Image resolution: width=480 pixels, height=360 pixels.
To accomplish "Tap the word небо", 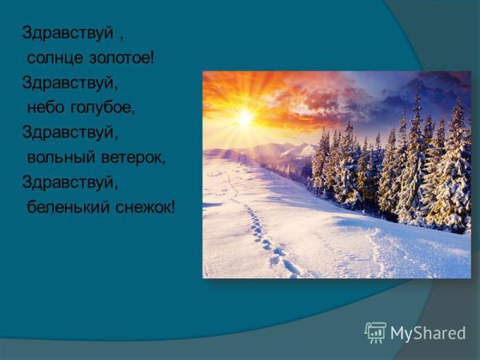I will point(47,108).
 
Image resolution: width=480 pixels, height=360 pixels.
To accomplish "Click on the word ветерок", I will point(133,158).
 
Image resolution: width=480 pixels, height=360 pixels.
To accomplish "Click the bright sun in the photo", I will point(245,118).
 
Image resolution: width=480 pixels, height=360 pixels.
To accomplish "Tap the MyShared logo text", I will point(428,332).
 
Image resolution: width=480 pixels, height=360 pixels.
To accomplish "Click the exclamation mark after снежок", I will point(173,207).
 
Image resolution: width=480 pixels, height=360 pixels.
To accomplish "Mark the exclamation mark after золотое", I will point(150,59).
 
